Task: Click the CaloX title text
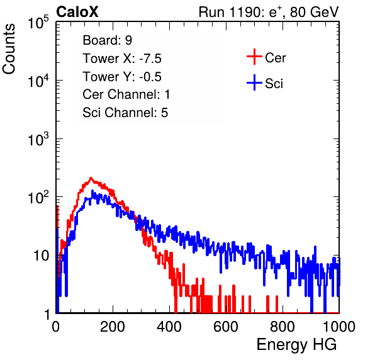click(x=77, y=12)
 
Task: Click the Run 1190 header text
click(x=269, y=12)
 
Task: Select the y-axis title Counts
click(x=9, y=49)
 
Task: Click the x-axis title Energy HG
click(x=296, y=345)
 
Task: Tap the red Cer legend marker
click(x=254, y=57)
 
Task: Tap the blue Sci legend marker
click(x=254, y=82)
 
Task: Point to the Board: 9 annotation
click(x=107, y=40)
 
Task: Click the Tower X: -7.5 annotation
click(x=122, y=59)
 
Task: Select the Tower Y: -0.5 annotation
click(x=122, y=77)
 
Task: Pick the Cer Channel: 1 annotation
click(x=126, y=94)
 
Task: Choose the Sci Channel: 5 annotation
click(x=125, y=113)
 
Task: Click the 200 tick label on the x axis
click(x=113, y=327)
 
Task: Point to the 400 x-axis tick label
click(x=169, y=327)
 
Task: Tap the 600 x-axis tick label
click(x=226, y=327)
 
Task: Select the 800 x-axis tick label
click(x=283, y=327)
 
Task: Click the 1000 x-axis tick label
click(x=339, y=327)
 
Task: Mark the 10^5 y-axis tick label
click(x=38, y=23)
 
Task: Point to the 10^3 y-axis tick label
click(x=38, y=139)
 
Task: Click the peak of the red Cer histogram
click(x=91, y=178)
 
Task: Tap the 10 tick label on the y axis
click(x=41, y=256)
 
